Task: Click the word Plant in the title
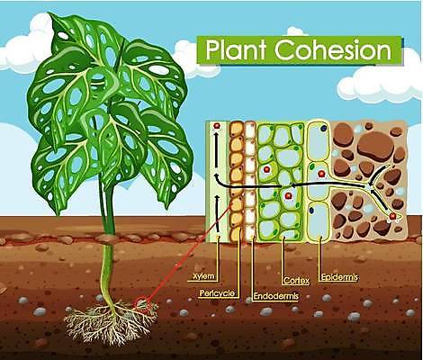[236, 49]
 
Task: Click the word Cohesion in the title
[333, 49]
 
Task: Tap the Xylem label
[203, 276]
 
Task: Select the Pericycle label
[217, 292]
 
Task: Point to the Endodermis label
[276, 296]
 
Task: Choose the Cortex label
[296, 281]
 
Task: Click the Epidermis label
[339, 277]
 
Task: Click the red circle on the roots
[141, 304]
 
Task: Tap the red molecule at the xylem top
[216, 126]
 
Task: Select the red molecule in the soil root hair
[392, 216]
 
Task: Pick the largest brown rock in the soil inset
[376, 144]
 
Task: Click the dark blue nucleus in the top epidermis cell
[323, 128]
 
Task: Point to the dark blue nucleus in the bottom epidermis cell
[312, 210]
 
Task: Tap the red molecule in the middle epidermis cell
[321, 175]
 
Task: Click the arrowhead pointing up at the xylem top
[216, 135]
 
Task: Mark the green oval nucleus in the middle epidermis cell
[312, 166]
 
